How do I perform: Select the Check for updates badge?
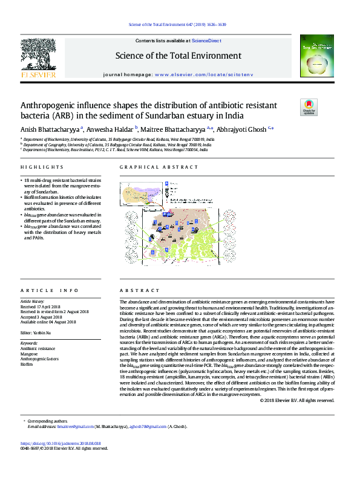coord(309,107)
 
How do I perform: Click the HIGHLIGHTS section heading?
coord(42,167)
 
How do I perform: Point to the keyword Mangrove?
coord(29,354)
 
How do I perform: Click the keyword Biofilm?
coord(27,365)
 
